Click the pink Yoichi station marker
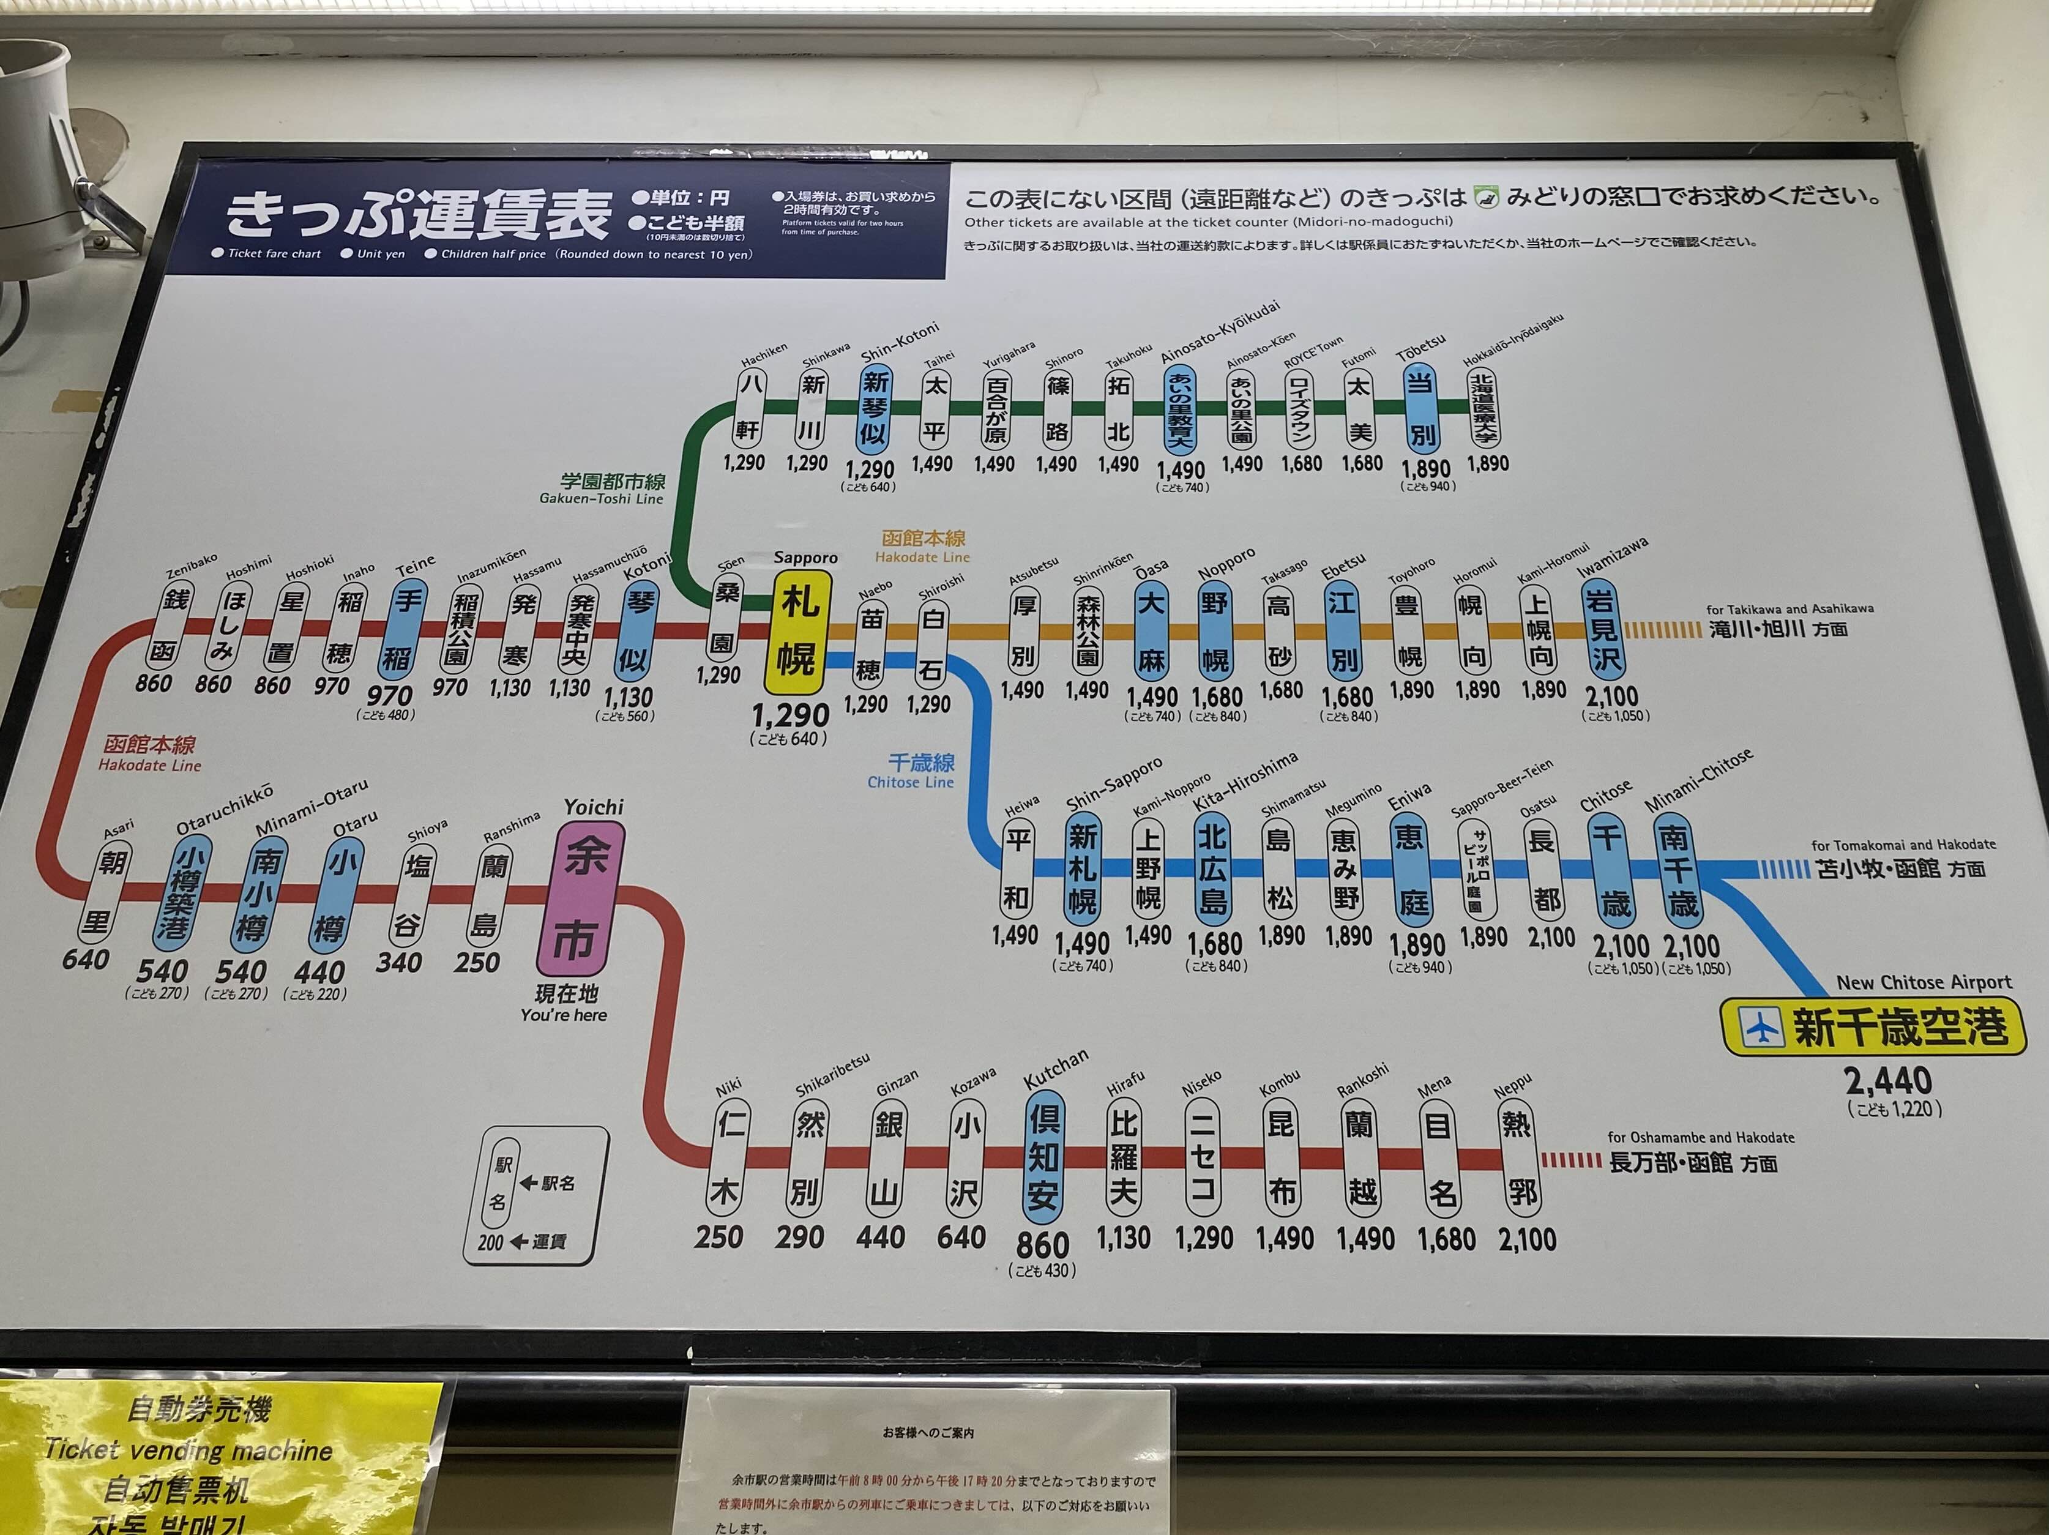pos(579,897)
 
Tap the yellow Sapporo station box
pos(797,632)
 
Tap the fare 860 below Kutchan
pos(1042,1244)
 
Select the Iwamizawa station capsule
pos(1604,630)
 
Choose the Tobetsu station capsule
pos(1419,408)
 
